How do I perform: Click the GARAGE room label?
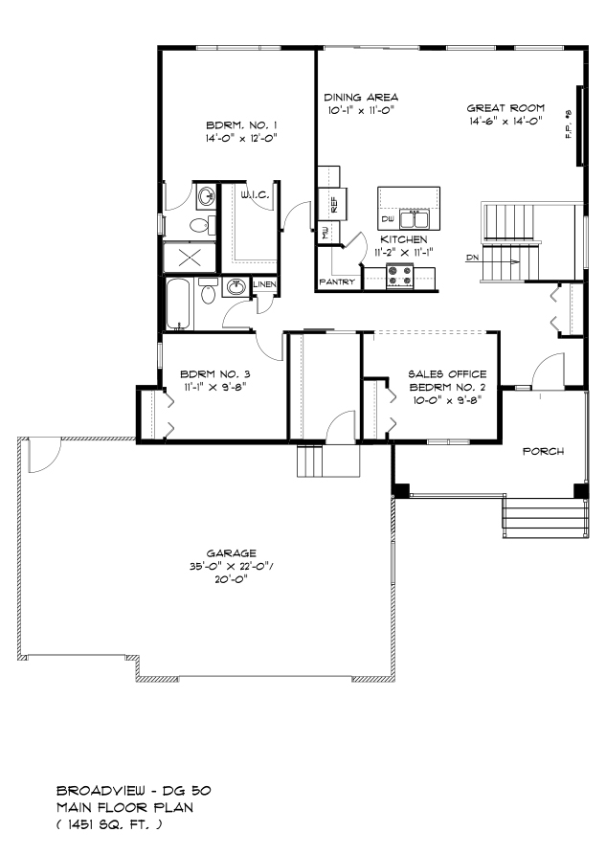[232, 552]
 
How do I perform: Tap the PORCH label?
[543, 452]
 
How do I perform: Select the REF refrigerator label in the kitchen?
[334, 205]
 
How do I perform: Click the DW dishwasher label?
[388, 219]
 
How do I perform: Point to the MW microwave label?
[326, 234]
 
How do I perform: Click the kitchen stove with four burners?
[400, 276]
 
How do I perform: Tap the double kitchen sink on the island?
[414, 219]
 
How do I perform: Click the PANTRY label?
[337, 281]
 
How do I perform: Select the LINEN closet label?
[265, 284]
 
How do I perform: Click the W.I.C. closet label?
[255, 194]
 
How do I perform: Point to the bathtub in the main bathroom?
[179, 304]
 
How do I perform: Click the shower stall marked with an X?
[190, 258]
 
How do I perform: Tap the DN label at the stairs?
[472, 257]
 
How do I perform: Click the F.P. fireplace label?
[569, 124]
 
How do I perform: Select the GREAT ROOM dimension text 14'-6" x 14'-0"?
[505, 121]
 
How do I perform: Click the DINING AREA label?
[361, 97]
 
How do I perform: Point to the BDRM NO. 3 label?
[214, 374]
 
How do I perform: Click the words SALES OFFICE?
[447, 374]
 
